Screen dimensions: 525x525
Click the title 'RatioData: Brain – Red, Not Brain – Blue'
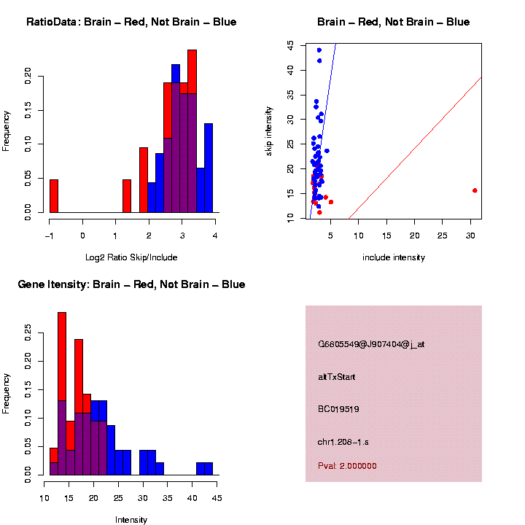pos(131,22)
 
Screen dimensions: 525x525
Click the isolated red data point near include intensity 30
pos(475,190)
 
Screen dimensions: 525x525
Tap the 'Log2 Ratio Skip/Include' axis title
pos(131,257)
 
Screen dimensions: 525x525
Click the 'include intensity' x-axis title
pos(394,257)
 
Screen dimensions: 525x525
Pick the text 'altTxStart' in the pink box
pos(336,377)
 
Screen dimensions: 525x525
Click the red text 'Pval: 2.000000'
pos(347,465)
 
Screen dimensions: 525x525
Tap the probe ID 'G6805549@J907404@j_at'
pos(371,344)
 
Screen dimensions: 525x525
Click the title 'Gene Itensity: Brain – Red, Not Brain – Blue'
pos(131,284)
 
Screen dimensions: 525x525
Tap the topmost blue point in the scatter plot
pos(319,50)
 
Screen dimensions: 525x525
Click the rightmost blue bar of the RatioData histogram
pos(209,168)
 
